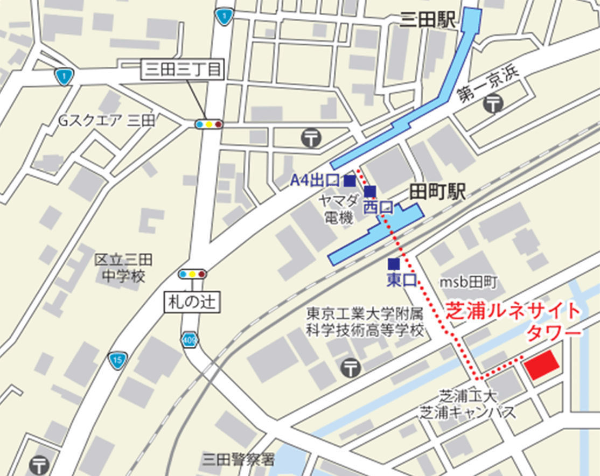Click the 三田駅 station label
(x=428, y=20)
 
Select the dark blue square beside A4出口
(x=350, y=180)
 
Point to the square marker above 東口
(x=394, y=263)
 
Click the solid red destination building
(x=542, y=366)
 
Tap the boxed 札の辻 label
(x=192, y=302)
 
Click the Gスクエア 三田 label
(x=107, y=121)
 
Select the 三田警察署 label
(x=238, y=459)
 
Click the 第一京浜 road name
(x=489, y=85)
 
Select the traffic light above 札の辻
(x=192, y=274)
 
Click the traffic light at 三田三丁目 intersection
(x=209, y=124)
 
